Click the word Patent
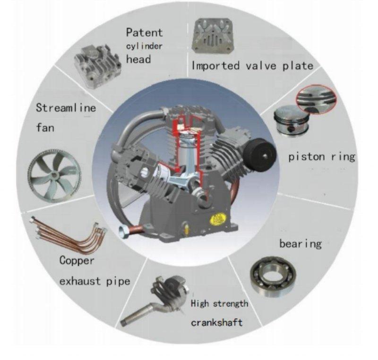(145, 33)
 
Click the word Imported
(216, 66)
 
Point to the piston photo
(292, 120)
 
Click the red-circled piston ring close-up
(316, 99)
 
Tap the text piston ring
(322, 157)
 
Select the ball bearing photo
(274, 277)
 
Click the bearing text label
(301, 244)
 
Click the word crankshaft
(216, 323)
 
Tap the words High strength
(219, 304)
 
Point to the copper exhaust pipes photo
(69, 235)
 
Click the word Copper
(77, 261)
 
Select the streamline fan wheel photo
(54, 176)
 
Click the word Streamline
(66, 107)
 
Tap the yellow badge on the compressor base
(218, 219)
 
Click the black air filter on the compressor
(260, 154)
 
